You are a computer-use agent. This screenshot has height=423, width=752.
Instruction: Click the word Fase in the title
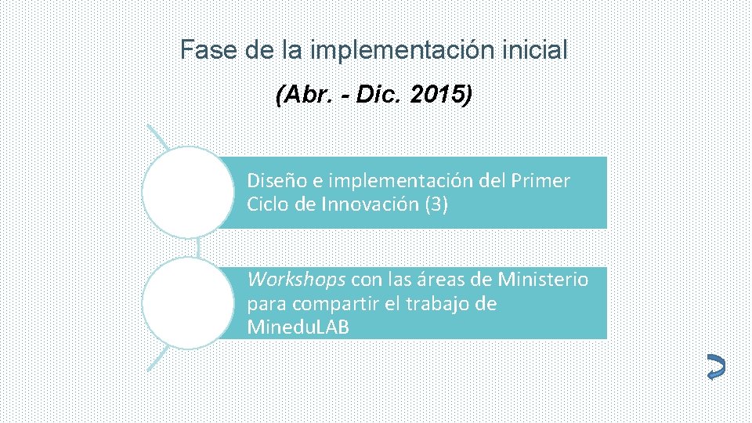(201, 51)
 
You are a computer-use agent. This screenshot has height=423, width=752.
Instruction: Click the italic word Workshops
(296, 280)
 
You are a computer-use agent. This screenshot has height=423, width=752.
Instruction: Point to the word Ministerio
(543, 280)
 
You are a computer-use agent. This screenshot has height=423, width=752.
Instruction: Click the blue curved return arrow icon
(715, 368)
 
